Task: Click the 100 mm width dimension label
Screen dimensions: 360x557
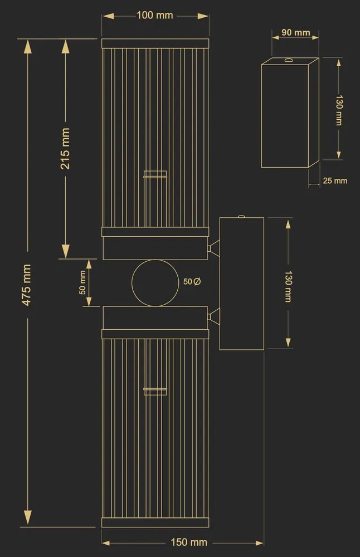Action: (x=155, y=15)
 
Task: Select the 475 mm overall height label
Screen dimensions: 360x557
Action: (x=27, y=285)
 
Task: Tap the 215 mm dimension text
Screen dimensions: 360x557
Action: (x=65, y=149)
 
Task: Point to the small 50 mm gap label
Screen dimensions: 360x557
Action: (x=82, y=282)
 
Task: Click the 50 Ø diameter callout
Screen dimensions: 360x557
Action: (x=192, y=281)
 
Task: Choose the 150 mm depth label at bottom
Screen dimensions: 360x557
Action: (x=189, y=542)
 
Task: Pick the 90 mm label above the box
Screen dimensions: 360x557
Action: (x=296, y=32)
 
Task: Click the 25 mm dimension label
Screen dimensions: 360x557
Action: (x=335, y=180)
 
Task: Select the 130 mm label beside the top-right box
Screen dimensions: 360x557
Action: (x=339, y=110)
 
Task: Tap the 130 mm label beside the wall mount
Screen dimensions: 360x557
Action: (x=288, y=286)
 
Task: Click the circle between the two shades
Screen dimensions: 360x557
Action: (x=155, y=283)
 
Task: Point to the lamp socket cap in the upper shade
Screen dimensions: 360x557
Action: (x=155, y=174)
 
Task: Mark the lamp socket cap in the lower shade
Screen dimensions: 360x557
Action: (x=155, y=391)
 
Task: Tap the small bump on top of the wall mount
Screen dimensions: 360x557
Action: (x=241, y=216)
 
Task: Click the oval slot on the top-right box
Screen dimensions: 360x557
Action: (x=288, y=60)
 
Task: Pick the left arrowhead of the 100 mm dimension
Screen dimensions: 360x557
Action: (x=108, y=16)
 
